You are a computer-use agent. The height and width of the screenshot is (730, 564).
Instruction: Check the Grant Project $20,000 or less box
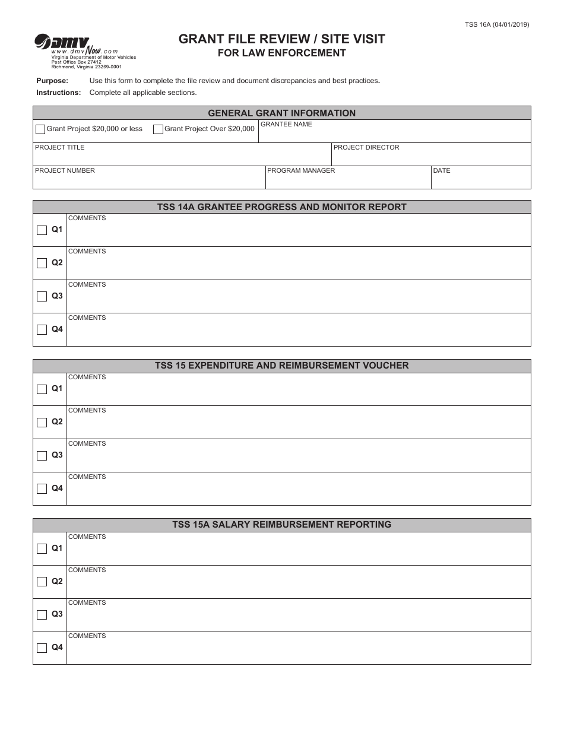coord(40,129)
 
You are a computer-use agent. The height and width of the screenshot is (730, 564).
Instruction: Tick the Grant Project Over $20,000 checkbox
coord(158,129)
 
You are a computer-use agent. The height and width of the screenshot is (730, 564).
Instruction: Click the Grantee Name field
coord(394,134)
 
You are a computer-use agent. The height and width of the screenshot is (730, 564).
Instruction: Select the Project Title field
coord(182,157)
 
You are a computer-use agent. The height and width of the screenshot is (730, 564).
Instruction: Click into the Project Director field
coord(431,157)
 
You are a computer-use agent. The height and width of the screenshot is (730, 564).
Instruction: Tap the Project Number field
coord(148,180)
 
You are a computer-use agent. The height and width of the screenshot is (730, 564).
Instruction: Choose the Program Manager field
coord(348,180)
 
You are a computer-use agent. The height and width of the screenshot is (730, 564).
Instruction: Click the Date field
coord(481,180)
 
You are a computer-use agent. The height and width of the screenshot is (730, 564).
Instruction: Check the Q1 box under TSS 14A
coord(42,230)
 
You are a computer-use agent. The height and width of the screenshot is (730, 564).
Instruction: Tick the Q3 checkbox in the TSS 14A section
coord(42,297)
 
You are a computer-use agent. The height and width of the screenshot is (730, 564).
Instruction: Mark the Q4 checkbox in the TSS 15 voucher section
coord(42,489)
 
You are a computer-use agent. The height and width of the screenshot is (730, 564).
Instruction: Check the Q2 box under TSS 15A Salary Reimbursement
coord(42,582)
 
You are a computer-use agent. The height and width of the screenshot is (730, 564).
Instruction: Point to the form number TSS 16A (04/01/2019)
coord(497,24)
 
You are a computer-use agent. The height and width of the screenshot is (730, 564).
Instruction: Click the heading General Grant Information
coord(281,113)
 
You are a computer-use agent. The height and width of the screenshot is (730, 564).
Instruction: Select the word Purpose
coord(52,81)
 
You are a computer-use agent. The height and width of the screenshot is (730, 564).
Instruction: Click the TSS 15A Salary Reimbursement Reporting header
coord(281,525)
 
